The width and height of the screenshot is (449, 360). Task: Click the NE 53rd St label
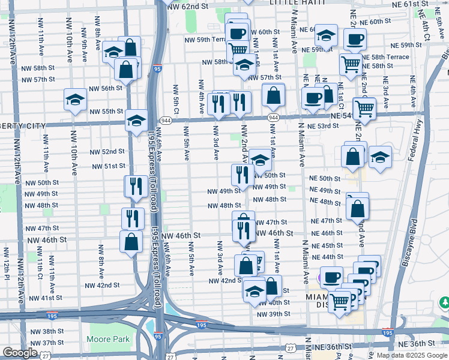click(x=323, y=126)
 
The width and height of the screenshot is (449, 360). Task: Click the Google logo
click(x=20, y=353)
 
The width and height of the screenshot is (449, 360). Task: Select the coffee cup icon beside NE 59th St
click(x=355, y=40)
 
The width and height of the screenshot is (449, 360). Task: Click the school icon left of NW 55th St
click(x=76, y=100)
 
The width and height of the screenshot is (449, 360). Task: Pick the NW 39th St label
click(x=273, y=314)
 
